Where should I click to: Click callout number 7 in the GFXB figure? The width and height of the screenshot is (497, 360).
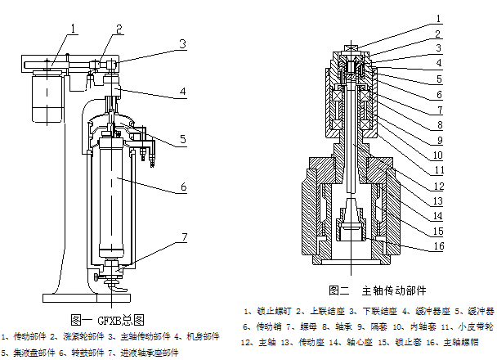(x=184, y=237)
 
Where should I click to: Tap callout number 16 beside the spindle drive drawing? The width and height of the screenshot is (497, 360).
(x=438, y=246)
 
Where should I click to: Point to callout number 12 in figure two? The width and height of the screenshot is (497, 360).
(x=438, y=186)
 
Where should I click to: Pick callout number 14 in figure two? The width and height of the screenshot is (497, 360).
(x=438, y=216)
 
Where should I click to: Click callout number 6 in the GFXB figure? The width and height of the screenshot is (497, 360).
(x=184, y=187)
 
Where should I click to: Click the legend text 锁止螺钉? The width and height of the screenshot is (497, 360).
(x=271, y=311)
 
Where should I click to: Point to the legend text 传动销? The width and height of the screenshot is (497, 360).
(x=271, y=326)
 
